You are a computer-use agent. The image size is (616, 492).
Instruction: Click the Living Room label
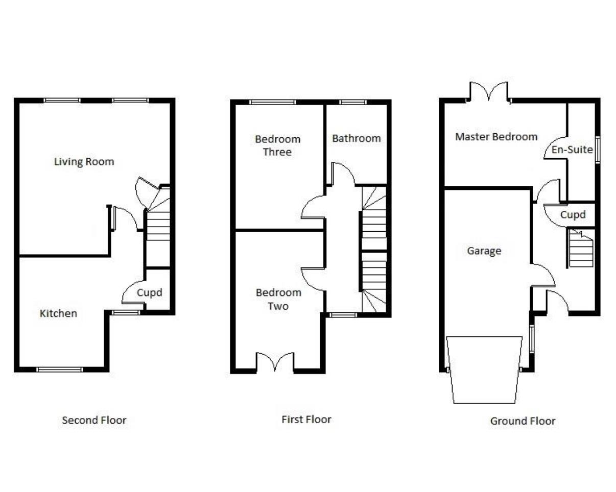[84, 162]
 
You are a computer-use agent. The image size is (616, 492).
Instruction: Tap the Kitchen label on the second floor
[58, 313]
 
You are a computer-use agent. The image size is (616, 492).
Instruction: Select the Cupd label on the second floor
[149, 293]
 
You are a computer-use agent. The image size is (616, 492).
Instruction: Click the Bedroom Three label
[277, 145]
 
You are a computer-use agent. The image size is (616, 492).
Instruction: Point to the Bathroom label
[356, 138]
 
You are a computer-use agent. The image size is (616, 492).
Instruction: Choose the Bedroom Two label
[278, 299]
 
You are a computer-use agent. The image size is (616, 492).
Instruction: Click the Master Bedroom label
[496, 137]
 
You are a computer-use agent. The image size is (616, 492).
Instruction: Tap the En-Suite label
[572, 150]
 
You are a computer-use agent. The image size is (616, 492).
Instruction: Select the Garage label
[484, 251]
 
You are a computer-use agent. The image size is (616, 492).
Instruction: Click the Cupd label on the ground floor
[573, 215]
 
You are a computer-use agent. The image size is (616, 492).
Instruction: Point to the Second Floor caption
[94, 421]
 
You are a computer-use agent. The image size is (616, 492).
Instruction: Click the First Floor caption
[306, 420]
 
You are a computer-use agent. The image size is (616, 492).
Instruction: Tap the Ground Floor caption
[523, 421]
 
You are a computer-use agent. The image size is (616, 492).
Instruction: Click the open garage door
[484, 369]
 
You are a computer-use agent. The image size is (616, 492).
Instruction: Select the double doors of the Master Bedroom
[489, 92]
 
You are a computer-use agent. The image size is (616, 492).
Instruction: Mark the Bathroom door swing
[342, 174]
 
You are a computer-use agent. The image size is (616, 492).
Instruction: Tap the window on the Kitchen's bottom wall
[59, 369]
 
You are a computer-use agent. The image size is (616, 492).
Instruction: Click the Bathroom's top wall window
[352, 102]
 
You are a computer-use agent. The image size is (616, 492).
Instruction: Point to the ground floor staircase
[581, 249]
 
